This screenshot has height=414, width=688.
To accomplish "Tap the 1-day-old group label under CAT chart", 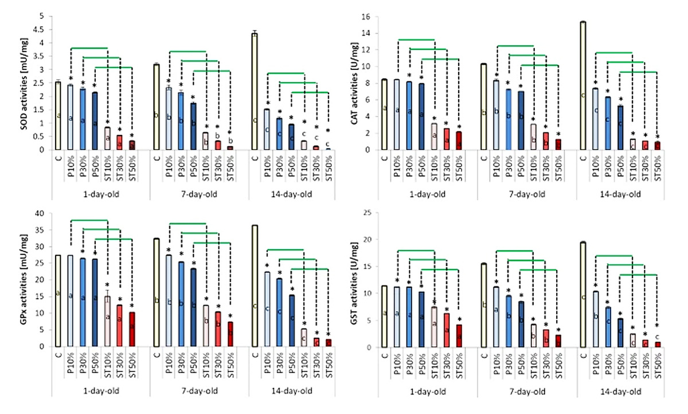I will tap(428, 194).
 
